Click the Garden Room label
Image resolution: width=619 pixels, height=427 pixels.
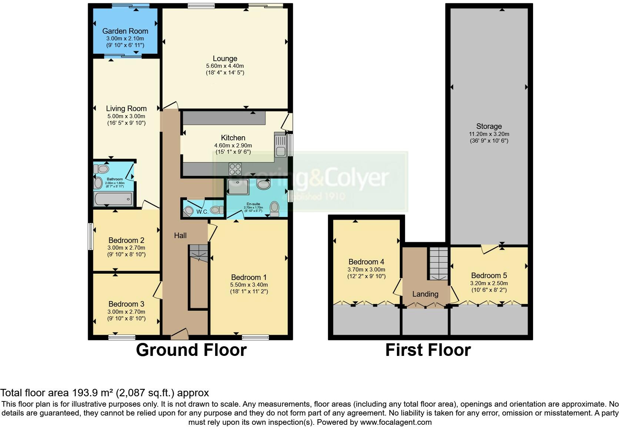click(125, 31)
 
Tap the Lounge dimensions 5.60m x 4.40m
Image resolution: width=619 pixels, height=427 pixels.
click(225, 66)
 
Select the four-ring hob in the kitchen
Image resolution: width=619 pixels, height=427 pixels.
click(235, 169)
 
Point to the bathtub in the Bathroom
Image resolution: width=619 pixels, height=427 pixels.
click(113, 199)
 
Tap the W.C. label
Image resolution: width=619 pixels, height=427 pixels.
click(202, 212)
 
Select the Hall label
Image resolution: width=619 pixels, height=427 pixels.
click(180, 236)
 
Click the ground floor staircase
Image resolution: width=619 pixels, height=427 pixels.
click(199, 253)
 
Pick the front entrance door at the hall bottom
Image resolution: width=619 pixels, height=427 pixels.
click(180, 334)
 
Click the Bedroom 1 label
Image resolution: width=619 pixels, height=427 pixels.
click(248, 277)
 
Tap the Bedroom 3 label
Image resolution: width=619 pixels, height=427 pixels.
click(126, 304)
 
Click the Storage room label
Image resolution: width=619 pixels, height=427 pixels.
click(489, 126)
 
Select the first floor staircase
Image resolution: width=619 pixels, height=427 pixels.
click(438, 263)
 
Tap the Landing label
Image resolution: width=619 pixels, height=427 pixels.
click(425, 294)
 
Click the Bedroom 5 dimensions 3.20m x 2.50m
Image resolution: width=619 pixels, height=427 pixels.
click(489, 283)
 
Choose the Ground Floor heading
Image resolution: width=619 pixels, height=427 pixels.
click(191, 350)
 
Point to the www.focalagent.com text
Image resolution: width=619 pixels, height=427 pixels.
click(395, 422)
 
